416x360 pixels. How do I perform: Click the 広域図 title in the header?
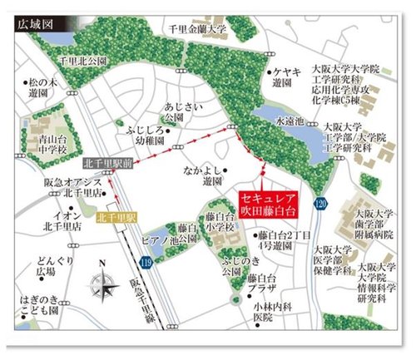pyautogui.click(x=36, y=24)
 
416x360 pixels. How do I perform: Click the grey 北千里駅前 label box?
pyautogui.click(x=106, y=164)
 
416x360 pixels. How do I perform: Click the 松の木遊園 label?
pyautogui.click(x=41, y=88)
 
